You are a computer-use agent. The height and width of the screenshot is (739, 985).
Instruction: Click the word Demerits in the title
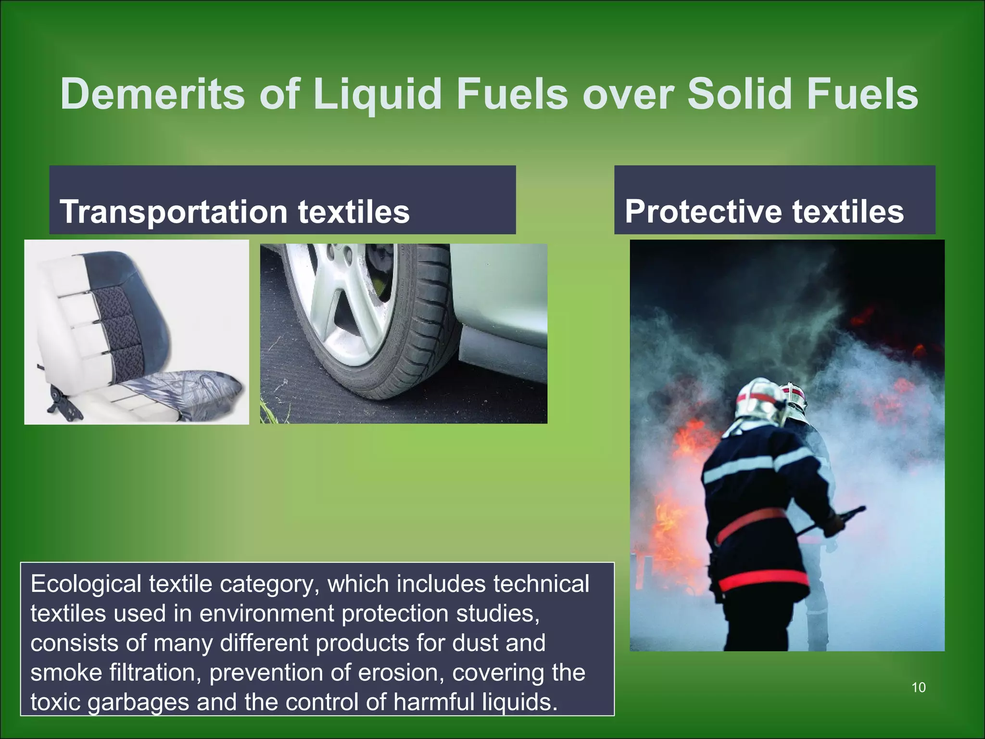(152, 94)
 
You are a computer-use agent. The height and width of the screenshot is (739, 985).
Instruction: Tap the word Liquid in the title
(377, 94)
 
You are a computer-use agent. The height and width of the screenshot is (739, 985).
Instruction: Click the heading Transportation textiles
(235, 212)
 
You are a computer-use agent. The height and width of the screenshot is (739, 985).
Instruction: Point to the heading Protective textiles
(764, 212)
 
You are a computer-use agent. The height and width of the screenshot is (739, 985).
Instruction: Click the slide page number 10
(918, 688)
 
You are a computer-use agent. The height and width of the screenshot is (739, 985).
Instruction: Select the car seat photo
(137, 332)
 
